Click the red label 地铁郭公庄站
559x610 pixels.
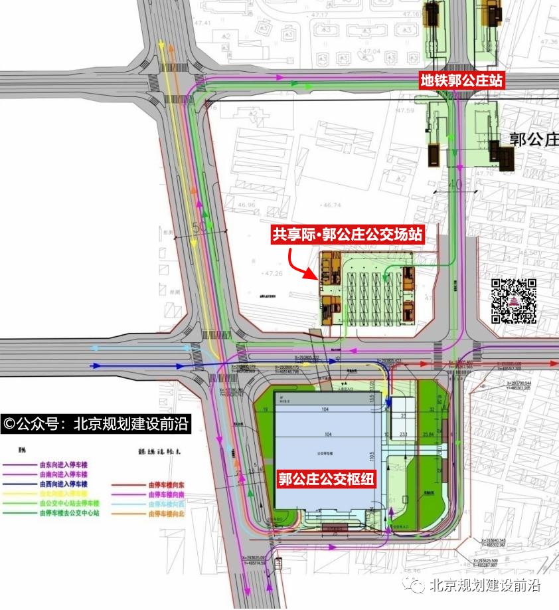pos(461,80)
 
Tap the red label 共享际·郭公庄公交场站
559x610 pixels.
pos(347,235)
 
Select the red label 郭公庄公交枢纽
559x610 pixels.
pos(327,479)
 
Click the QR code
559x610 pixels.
pos(514,301)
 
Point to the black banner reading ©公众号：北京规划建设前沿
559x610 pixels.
pos(96,423)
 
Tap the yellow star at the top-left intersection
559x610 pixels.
pos(161,45)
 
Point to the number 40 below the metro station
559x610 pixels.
pos(455,183)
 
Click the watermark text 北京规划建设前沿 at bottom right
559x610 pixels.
pos(485,585)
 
